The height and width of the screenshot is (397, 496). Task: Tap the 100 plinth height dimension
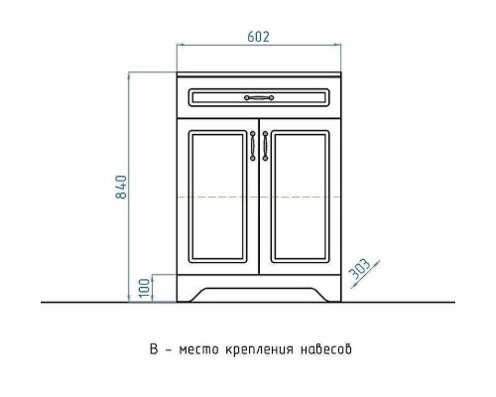point(144,287)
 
